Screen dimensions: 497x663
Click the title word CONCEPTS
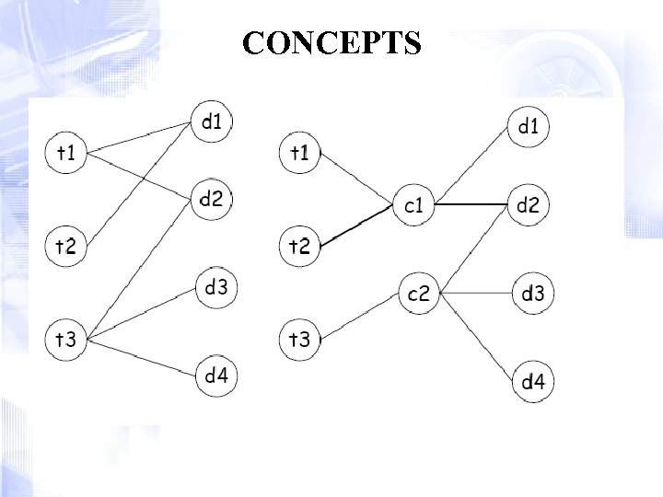click(x=332, y=43)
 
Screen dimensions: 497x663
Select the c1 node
click(x=413, y=204)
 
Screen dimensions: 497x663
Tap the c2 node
click(x=418, y=294)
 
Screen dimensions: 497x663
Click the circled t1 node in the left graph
click(x=65, y=153)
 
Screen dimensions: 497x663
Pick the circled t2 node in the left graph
click(x=65, y=246)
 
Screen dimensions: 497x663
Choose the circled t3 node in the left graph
click(x=65, y=340)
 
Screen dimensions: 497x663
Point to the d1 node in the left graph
click(x=214, y=121)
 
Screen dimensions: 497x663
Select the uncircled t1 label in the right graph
click(x=300, y=152)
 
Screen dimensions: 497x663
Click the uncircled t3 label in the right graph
click(x=300, y=340)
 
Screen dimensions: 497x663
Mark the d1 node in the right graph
click(x=528, y=127)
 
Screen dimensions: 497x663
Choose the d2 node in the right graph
click(x=528, y=204)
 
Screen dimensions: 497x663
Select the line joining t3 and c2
click(x=359, y=316)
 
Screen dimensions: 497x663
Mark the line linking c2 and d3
click(x=477, y=294)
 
